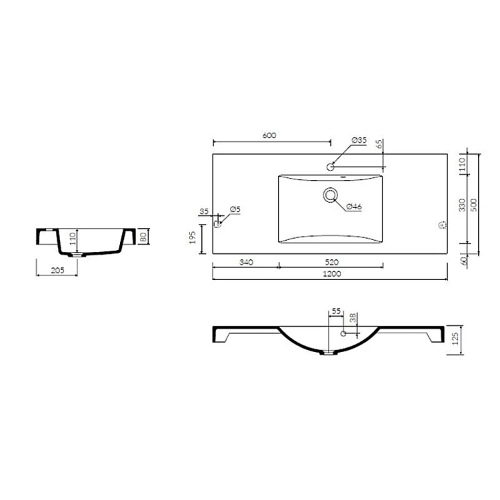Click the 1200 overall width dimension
332,273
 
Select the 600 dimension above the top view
269,135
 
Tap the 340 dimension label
246,262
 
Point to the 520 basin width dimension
331,262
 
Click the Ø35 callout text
359,140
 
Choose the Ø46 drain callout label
354,206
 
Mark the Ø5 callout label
235,209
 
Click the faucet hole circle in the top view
331,167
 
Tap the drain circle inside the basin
331,195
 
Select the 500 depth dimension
474,205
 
